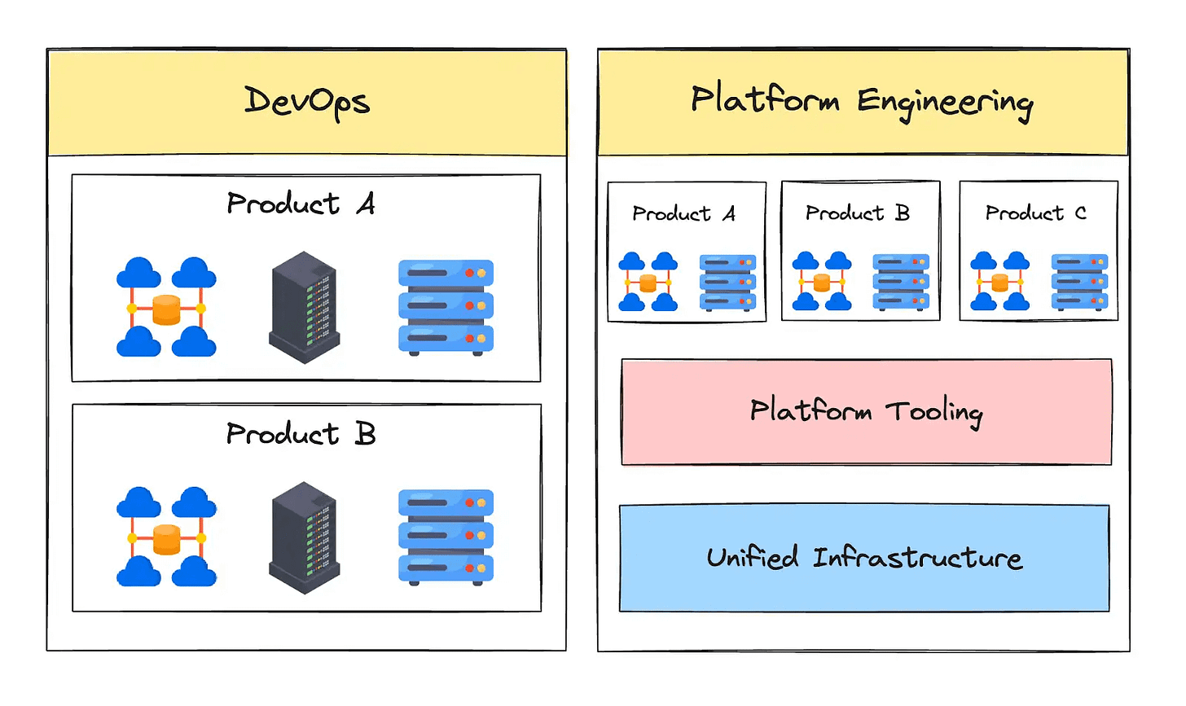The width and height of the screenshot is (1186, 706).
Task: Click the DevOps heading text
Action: pyautogui.click(x=307, y=102)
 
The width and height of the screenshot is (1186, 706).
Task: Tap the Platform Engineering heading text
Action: pyautogui.click(x=862, y=102)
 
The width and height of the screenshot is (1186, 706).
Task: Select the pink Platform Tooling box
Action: pyautogui.click(x=866, y=412)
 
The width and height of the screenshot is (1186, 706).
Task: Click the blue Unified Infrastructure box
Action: pyautogui.click(x=864, y=558)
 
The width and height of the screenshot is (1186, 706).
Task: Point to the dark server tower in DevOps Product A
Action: pyautogui.click(x=304, y=307)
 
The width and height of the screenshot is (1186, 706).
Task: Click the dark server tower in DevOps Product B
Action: pyautogui.click(x=304, y=537)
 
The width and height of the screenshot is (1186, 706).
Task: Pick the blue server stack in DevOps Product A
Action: pyautogui.click(x=446, y=307)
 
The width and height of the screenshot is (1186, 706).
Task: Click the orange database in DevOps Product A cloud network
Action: pyautogui.click(x=166, y=309)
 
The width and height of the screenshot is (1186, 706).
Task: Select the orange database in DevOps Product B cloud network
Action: pyautogui.click(x=166, y=539)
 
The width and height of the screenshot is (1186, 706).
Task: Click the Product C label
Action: pyautogui.click(x=1035, y=213)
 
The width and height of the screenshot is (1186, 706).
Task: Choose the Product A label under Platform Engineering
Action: pyautogui.click(x=683, y=214)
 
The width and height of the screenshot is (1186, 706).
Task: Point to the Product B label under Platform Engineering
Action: pyautogui.click(x=857, y=213)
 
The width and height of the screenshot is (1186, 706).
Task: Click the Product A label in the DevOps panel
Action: pyautogui.click(x=301, y=204)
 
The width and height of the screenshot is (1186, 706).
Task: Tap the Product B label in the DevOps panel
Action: pyautogui.click(x=301, y=434)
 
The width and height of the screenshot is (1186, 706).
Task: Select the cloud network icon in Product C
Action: pyautogui.click(x=999, y=282)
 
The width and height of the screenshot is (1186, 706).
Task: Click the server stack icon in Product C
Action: pyautogui.click(x=1079, y=282)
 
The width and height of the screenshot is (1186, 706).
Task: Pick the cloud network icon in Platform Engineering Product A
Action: pyautogui.click(x=648, y=282)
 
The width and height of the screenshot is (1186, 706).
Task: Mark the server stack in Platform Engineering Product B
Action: pyautogui.click(x=901, y=282)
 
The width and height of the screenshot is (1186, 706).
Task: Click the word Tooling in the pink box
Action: pyautogui.click(x=934, y=412)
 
